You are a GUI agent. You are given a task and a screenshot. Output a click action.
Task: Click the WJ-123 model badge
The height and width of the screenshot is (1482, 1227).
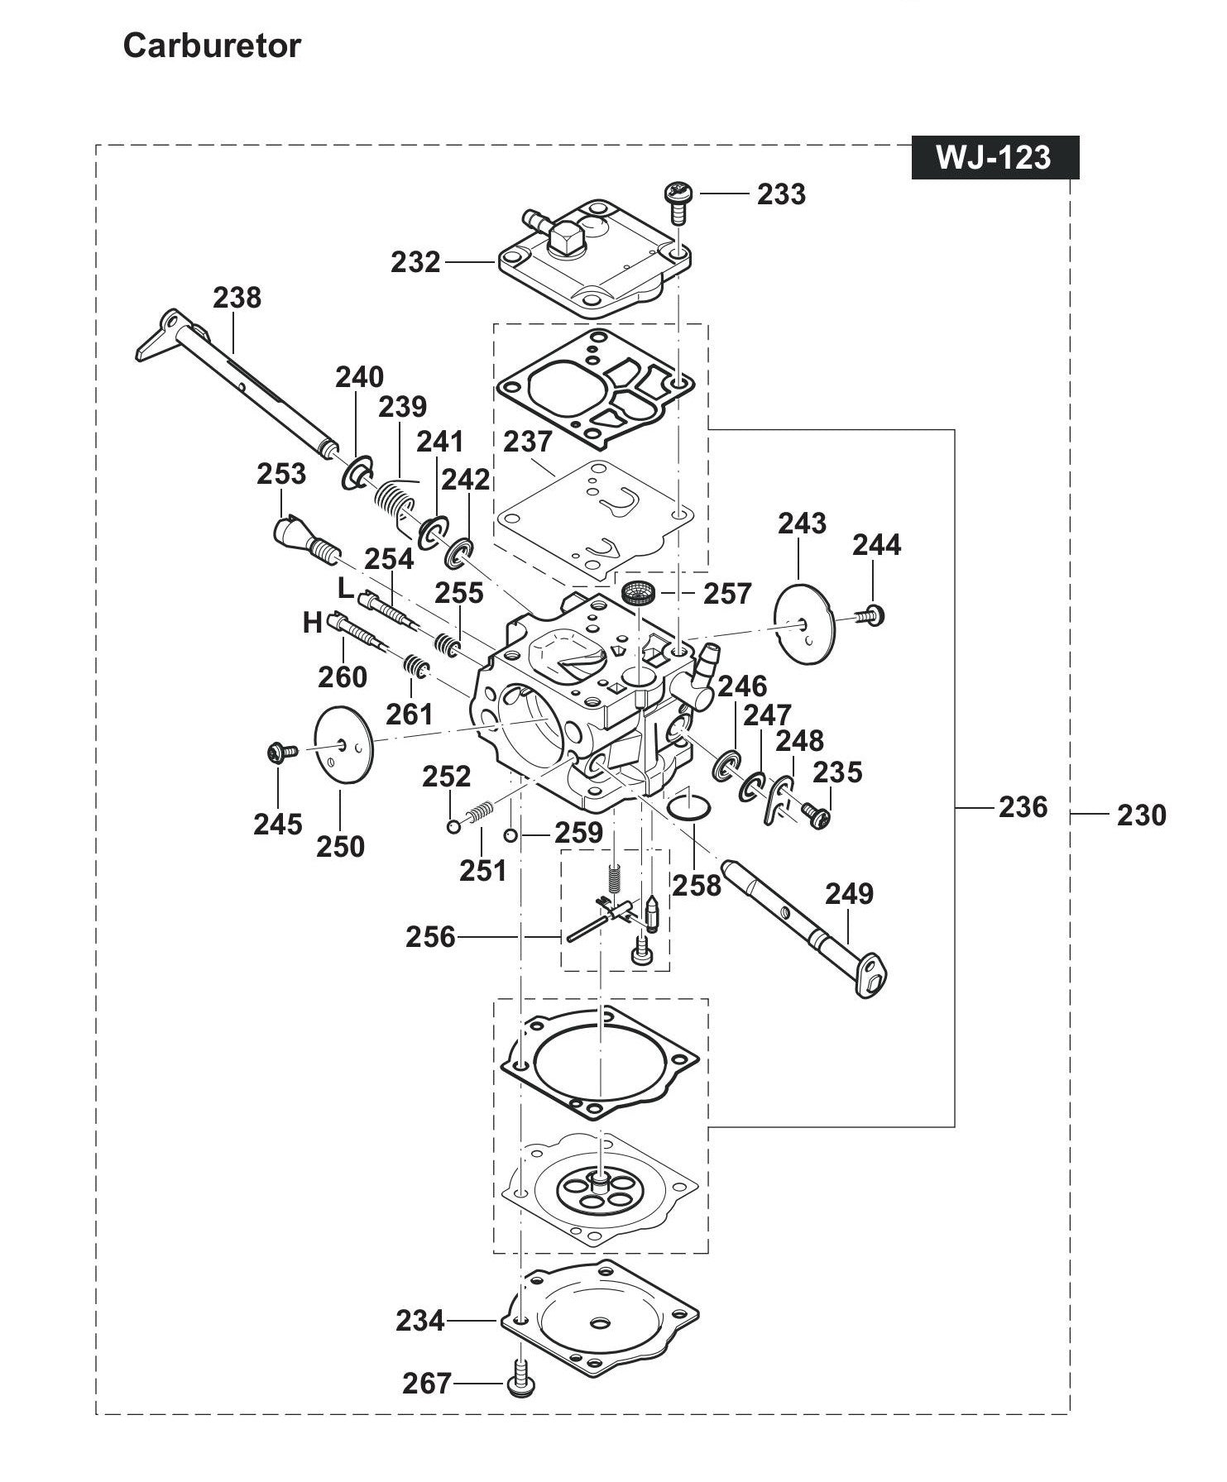(995, 157)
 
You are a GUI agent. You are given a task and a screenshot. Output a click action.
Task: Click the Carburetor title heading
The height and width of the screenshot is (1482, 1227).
(212, 46)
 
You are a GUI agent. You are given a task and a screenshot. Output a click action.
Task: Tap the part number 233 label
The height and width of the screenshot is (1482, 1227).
(780, 194)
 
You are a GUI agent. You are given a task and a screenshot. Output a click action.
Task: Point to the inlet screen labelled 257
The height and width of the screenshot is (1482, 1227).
(639, 593)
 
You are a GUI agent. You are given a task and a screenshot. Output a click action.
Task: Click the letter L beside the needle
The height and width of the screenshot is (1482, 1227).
(346, 588)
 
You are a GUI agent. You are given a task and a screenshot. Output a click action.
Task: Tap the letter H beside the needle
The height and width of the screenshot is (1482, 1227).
(312, 623)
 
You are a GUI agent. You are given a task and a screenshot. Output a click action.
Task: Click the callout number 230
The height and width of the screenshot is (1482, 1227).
(1141, 815)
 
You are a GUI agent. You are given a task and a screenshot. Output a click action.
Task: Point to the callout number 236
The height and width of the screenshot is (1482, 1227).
(1023, 807)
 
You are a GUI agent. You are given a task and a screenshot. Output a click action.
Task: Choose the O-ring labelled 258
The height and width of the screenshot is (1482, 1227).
(688, 806)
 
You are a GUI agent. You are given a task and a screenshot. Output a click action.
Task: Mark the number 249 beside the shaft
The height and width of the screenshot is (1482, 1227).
(849, 894)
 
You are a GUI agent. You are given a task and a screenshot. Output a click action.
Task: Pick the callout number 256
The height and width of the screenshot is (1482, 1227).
(430, 937)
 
